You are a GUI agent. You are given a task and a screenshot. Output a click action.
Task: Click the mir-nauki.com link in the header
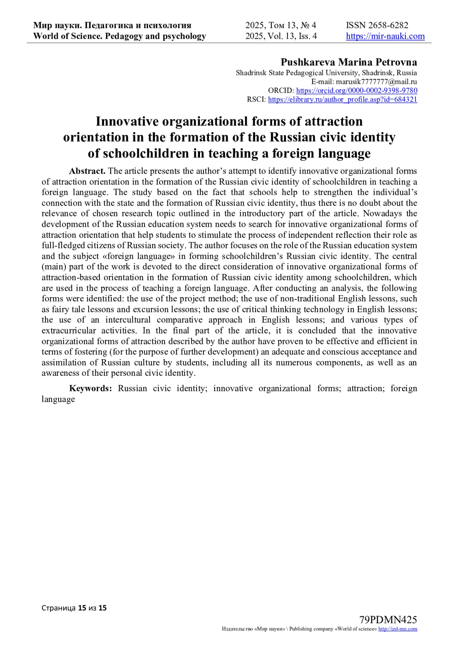point(385,36)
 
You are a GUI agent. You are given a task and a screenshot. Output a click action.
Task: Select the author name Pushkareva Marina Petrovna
point(349,62)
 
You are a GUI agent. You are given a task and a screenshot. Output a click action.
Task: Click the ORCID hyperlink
point(356,91)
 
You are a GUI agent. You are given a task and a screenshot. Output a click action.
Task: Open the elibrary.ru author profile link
point(342,99)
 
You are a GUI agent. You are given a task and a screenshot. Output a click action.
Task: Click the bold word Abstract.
point(87,171)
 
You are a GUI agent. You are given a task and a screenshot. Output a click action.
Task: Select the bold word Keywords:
point(91,389)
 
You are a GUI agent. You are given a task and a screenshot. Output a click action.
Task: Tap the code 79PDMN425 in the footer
point(388,620)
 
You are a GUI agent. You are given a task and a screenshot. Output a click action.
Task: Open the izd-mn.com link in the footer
point(397,629)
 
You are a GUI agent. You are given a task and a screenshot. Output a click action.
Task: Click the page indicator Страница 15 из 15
point(74,608)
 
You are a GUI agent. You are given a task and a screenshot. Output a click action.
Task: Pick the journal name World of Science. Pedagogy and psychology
point(119,36)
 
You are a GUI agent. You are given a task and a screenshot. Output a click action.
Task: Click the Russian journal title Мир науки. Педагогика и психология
point(112,26)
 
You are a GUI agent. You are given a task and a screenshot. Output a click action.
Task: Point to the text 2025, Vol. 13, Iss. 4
point(281,36)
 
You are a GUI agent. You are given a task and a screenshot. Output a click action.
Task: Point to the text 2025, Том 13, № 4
point(281,26)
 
